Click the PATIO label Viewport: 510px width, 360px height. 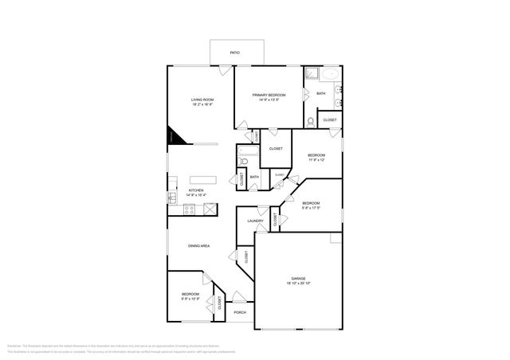click(234, 53)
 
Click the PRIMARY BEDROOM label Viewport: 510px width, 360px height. click(269, 95)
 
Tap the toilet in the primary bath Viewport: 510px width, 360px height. click(310, 122)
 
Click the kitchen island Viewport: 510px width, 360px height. click(203, 178)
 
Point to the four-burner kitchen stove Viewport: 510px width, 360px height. click(190, 210)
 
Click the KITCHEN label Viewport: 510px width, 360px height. click(195, 191)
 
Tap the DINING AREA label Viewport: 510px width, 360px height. click(198, 246)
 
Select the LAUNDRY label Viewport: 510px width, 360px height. click(255, 221)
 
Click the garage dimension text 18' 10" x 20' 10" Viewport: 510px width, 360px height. click(298, 284)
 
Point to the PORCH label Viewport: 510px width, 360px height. click(240, 312)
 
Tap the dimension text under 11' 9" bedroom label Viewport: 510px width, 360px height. click(316, 159)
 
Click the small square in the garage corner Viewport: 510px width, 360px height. click(335, 238)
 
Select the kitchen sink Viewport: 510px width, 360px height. click(171, 197)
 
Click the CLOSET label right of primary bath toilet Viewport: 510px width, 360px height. click(329, 119)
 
